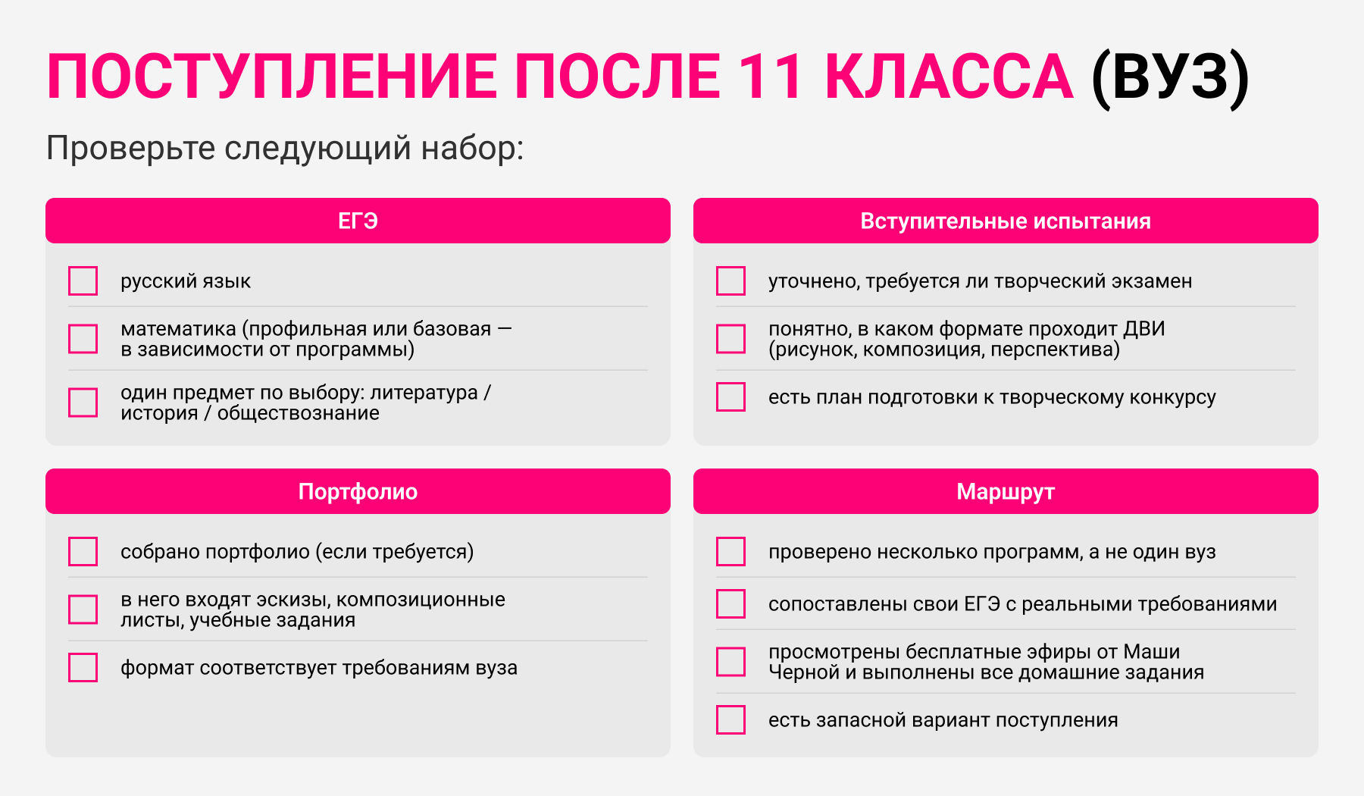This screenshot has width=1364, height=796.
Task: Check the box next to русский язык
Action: (x=83, y=280)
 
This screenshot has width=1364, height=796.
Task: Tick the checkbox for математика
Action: (x=83, y=339)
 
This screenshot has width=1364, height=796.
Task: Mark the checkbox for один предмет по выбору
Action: (x=83, y=403)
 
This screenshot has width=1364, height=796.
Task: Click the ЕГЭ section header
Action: (x=358, y=221)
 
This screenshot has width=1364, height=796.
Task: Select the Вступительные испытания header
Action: (x=1006, y=221)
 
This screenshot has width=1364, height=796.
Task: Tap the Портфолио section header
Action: (x=358, y=491)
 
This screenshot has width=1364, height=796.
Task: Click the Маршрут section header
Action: (x=1006, y=491)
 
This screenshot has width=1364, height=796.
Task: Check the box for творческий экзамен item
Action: (x=730, y=280)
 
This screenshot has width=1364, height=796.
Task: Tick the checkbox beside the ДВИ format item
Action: (x=730, y=339)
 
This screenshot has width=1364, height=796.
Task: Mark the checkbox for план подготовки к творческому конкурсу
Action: (x=730, y=396)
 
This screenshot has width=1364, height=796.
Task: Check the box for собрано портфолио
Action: (x=83, y=551)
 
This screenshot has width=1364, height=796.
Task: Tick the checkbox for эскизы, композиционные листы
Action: (x=83, y=610)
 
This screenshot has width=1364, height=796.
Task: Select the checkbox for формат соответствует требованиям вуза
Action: (x=83, y=667)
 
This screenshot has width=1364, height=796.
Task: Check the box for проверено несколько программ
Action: (x=730, y=551)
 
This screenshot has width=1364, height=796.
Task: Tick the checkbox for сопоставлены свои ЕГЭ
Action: (x=730, y=603)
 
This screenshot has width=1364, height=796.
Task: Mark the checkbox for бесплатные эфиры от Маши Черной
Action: (x=730, y=662)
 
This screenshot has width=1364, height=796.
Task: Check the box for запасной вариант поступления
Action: (x=730, y=719)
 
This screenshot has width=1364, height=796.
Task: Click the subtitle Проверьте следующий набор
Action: (x=285, y=149)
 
